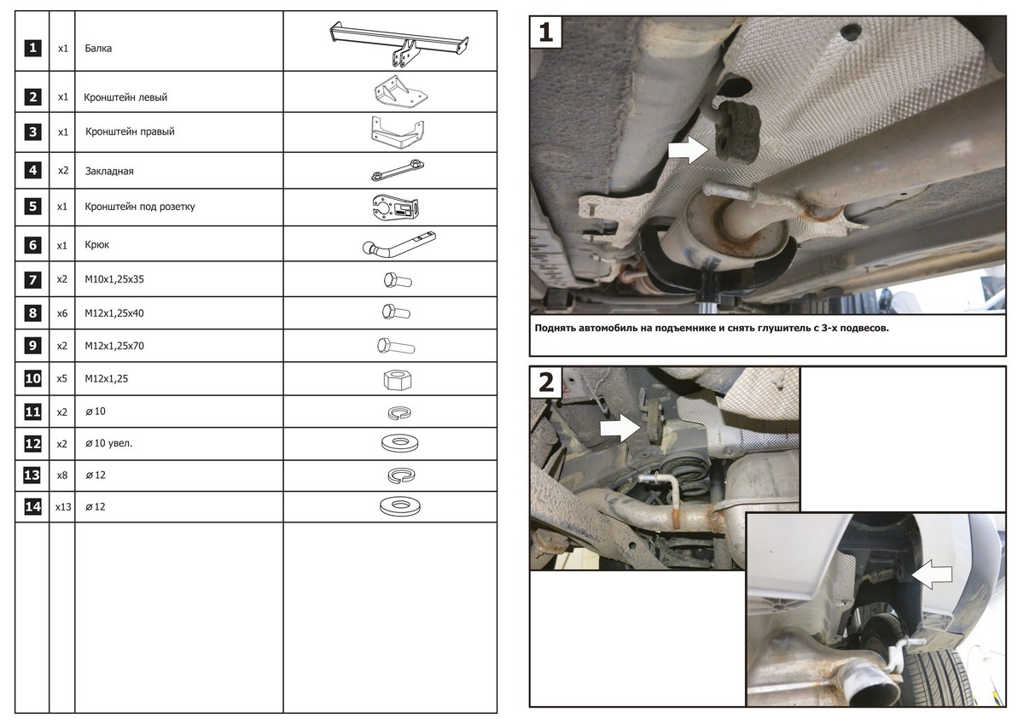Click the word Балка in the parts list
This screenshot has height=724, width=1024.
point(98,49)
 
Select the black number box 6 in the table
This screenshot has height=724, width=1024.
point(32,245)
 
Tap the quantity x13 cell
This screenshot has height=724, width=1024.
point(62,507)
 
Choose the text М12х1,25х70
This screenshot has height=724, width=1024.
point(114,347)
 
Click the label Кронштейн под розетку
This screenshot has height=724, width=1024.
point(140,207)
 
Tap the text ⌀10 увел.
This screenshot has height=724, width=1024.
point(109,444)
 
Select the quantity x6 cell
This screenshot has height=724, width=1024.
point(62,313)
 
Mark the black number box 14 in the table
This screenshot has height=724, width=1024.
point(32,507)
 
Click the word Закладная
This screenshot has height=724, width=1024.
point(109,171)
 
